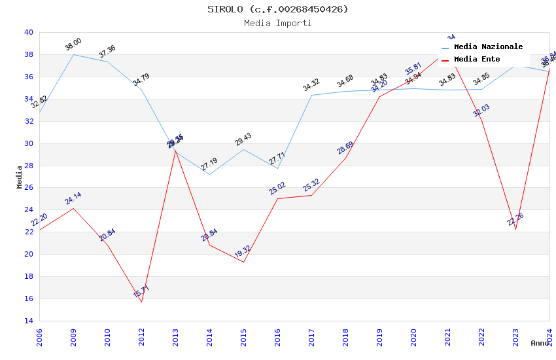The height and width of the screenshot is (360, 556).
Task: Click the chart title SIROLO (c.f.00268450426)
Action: point(278,9)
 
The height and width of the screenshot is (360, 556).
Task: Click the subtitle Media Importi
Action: point(278,23)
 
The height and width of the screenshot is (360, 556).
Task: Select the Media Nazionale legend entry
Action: point(488,47)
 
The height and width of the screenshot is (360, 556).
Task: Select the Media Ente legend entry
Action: point(477,60)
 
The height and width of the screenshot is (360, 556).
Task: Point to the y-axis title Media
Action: point(20,177)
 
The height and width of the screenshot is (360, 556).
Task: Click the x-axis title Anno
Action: point(540,343)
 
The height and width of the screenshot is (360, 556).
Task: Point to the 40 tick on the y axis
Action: point(28,32)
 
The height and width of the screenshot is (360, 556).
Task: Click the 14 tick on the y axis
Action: point(28,321)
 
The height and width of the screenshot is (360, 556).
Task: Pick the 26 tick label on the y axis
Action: point(28,188)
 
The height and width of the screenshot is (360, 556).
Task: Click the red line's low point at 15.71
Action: point(141,302)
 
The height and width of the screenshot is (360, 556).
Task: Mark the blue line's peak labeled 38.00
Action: point(73,54)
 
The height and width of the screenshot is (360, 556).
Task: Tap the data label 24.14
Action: point(73,198)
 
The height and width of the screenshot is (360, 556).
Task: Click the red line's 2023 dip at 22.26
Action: point(515,229)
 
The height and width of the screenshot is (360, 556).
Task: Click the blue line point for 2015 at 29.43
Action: point(243,149)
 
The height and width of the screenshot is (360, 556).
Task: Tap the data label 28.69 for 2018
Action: point(345,148)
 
